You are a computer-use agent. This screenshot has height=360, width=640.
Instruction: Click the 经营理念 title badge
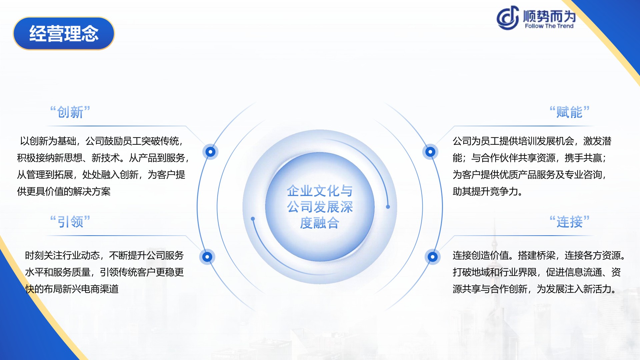pyautogui.click(x=64, y=33)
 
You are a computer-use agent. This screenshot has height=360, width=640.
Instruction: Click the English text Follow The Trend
pyautogui.click(x=549, y=26)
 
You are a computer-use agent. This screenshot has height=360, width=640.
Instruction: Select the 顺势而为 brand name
pyautogui.click(x=549, y=16)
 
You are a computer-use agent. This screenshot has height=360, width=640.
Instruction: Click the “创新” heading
pyautogui.click(x=70, y=112)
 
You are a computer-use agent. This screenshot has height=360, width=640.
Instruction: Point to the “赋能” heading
pyautogui.click(x=569, y=112)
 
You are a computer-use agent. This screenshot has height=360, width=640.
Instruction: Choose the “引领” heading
pyautogui.click(x=70, y=222)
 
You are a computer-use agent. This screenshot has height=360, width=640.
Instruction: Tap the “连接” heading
pyautogui.click(x=569, y=222)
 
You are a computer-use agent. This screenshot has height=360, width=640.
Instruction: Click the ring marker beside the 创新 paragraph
pyautogui.click(x=210, y=152)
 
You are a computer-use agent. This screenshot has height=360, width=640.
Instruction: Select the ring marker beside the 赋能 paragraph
pyautogui.click(x=430, y=152)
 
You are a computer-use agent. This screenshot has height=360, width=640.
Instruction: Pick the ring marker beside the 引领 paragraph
pyautogui.click(x=207, y=257)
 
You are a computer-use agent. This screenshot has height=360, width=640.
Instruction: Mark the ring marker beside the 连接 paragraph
pyautogui.click(x=433, y=257)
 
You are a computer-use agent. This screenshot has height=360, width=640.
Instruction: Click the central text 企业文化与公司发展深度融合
pyautogui.click(x=320, y=207)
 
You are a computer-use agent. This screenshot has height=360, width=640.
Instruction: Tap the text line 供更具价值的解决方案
pyautogui.click(x=64, y=191)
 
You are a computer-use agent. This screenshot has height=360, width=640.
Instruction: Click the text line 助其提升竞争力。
pyautogui.click(x=487, y=191)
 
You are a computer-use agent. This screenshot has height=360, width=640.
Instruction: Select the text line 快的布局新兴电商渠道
pyautogui.click(x=72, y=289)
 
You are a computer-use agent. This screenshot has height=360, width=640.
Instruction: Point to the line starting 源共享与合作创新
pyautogui.click(x=534, y=289)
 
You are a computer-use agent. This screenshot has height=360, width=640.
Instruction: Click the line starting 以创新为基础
pyautogui.click(x=102, y=141)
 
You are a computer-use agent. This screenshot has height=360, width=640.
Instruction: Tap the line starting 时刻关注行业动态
pyautogui.click(x=104, y=255)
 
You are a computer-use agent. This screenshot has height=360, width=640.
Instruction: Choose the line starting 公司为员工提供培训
pyautogui.click(x=532, y=141)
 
